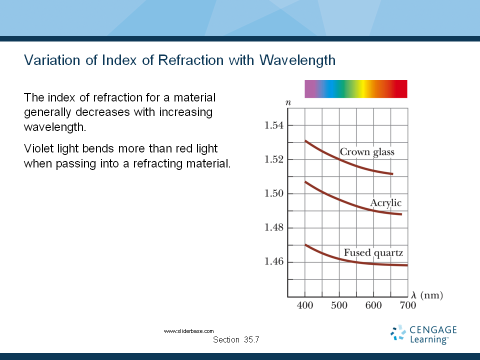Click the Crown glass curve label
(367, 152)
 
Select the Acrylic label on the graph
(385, 203)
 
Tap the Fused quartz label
(373, 253)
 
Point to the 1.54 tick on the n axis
(274, 125)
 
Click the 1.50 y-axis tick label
(274, 193)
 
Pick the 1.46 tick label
(274, 261)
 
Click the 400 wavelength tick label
(305, 305)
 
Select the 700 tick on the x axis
(408, 305)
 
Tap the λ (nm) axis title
(427, 295)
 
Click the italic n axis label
(288, 103)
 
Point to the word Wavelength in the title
(297, 60)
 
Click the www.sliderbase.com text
(188, 331)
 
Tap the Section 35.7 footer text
(236, 340)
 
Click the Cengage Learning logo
(423, 334)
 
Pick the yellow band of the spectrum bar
(363, 89)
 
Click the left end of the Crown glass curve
(305, 141)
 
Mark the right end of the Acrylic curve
(401, 214)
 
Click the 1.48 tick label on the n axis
(274, 227)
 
